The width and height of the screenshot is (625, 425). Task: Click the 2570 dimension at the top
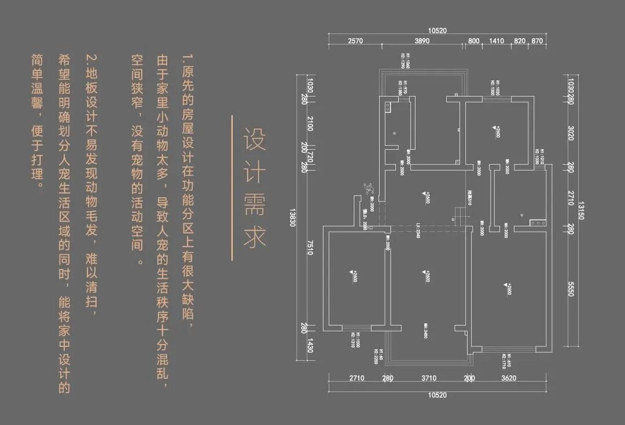[355, 41]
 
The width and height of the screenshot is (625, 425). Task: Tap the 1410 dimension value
[497, 41]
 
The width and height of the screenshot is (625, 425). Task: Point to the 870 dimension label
[536, 41]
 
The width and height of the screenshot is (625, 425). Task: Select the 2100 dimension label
[310, 123]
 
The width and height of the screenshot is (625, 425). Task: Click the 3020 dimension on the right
[570, 133]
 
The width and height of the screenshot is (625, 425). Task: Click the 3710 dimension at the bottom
[429, 379]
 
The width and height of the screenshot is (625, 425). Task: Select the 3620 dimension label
[509, 379]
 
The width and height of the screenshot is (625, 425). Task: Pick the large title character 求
[254, 236]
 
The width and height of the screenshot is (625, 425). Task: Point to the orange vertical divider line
[232, 188]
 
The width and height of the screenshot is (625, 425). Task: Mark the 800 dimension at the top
[473, 41]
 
